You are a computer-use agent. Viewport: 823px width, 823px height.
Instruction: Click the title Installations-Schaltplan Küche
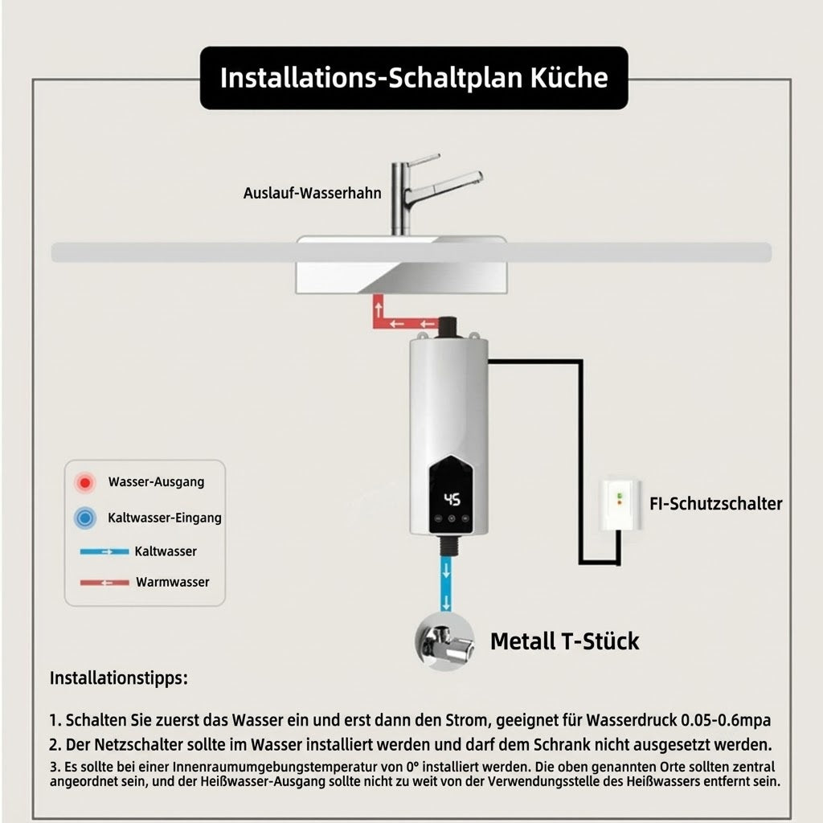pyautogui.click(x=414, y=78)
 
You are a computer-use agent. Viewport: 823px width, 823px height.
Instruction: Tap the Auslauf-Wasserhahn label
pyautogui.click(x=313, y=193)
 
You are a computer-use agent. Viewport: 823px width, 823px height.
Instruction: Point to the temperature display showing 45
pyautogui.click(x=452, y=499)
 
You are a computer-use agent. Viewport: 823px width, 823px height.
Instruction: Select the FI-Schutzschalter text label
pyautogui.click(x=716, y=504)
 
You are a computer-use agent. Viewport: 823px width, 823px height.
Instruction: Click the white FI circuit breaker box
pyautogui.click(x=620, y=505)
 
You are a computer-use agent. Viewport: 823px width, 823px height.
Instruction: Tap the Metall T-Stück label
pyautogui.click(x=564, y=641)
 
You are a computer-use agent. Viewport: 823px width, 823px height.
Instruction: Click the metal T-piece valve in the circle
pyautogui.click(x=445, y=641)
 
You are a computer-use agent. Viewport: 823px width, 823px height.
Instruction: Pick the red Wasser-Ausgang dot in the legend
pyautogui.click(x=84, y=482)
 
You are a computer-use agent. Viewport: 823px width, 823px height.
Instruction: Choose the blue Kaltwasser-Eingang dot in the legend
pyautogui.click(x=84, y=518)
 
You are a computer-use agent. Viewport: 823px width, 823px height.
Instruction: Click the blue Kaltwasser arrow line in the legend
pyautogui.click(x=104, y=551)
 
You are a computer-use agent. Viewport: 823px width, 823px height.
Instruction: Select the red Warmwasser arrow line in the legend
pyautogui.click(x=104, y=583)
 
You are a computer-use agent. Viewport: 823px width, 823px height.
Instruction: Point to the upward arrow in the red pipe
pyautogui.click(x=379, y=309)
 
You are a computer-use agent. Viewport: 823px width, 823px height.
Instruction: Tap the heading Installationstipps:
pyautogui.click(x=119, y=678)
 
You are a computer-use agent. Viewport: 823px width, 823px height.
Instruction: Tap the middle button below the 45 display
pyautogui.click(x=452, y=518)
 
